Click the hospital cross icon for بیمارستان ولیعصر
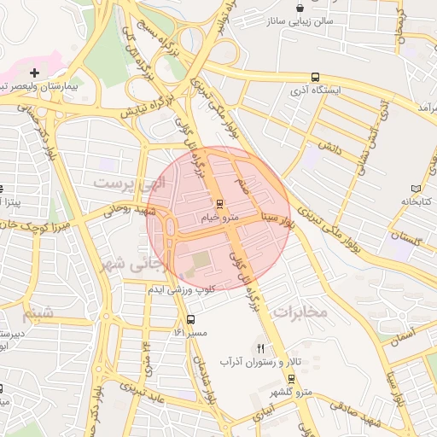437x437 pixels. pos(34,73)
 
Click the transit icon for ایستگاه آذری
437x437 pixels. pos(317,75)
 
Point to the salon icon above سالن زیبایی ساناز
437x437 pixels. pos(299,7)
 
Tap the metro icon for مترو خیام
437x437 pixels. pos(219,204)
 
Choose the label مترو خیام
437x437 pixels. pos(219,218)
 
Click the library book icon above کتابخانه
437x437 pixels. pos(416,188)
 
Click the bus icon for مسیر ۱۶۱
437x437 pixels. pos(189,318)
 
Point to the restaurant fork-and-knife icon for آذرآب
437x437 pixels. pos(261,348)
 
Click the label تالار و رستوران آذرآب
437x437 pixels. pos(260,362)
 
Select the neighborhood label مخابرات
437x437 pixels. pos(300,312)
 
